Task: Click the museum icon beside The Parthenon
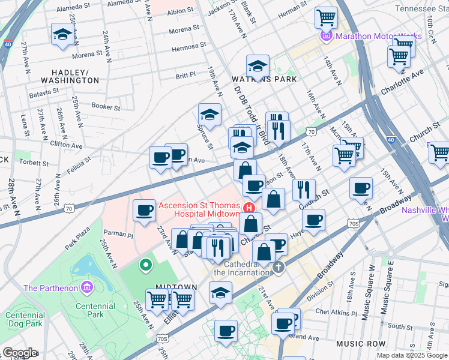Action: pos(87,288)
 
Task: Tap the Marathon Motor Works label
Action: pos(375,36)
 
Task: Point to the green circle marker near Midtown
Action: pos(144,264)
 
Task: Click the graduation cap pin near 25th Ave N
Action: pos(62,34)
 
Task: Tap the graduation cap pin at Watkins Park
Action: pos(257,66)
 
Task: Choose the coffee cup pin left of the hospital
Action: pos(144,211)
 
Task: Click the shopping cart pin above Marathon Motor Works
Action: pos(326,17)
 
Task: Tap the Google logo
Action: pos(20,353)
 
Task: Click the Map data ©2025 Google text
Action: pos(412,355)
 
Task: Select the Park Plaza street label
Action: pos(77,237)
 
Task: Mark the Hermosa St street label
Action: pos(176,48)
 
